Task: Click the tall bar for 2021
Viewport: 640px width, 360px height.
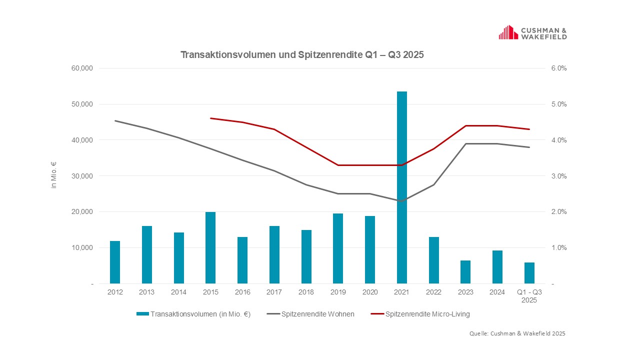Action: pos(401,187)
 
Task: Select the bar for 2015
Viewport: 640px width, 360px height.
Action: pos(210,247)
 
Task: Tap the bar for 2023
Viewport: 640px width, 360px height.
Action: pos(465,272)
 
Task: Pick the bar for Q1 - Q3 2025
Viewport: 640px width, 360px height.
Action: pos(529,273)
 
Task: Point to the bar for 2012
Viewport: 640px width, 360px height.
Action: pos(115,262)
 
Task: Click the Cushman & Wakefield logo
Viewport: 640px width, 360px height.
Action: pos(532,33)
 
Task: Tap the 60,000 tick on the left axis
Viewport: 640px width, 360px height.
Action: pos(83,68)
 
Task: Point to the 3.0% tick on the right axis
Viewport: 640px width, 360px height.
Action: pos(558,176)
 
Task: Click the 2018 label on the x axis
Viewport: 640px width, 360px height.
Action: pos(306,292)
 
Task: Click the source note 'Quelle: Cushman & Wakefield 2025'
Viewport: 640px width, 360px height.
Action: pos(517,333)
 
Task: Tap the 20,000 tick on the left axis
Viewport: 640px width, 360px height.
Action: pos(83,212)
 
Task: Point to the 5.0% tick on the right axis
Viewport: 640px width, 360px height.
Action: pos(558,104)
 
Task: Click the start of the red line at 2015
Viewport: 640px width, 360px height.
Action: pos(210,118)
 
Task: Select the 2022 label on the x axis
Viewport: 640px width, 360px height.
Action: pos(433,292)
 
